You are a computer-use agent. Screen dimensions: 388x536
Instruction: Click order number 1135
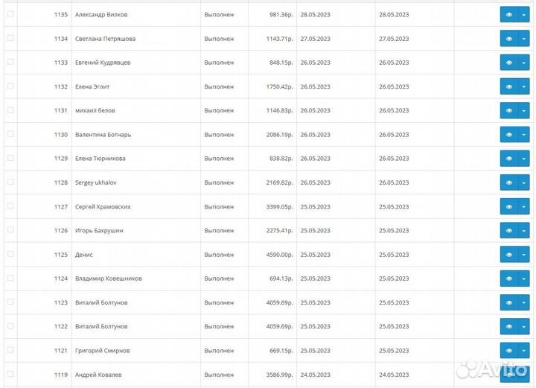coord(61,15)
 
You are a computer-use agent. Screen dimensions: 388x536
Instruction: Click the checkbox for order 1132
coord(10,86)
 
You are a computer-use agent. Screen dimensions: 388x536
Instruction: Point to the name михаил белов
coord(95,111)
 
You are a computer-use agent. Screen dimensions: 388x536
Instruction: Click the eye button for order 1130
coord(509,135)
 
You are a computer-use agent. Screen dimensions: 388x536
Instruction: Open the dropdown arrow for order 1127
coord(523,207)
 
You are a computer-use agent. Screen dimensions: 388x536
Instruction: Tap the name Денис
coord(84,255)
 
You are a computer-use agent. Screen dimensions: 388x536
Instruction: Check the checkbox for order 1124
coord(10,279)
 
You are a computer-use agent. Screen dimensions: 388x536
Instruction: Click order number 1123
coord(61,302)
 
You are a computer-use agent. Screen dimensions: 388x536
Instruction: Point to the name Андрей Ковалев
coord(98,375)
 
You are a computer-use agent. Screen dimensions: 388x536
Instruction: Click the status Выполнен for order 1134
coord(219,39)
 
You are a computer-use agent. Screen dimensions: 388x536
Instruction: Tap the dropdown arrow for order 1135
coord(523,15)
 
